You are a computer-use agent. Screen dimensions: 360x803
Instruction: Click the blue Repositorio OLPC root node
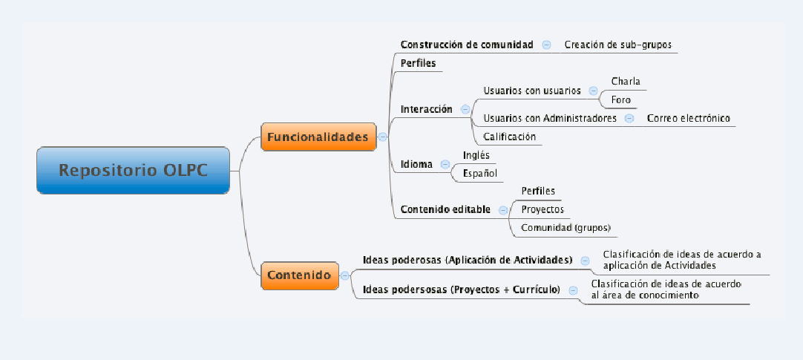tap(134, 170)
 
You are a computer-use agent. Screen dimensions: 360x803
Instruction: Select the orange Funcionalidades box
tap(318, 137)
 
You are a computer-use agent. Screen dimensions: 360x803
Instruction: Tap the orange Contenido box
tap(299, 275)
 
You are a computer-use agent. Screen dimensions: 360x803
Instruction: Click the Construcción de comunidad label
tap(467, 45)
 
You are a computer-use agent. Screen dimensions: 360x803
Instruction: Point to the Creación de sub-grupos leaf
tap(617, 45)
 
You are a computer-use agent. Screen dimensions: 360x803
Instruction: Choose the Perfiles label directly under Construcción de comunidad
tap(418, 63)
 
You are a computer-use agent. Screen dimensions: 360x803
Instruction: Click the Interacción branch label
tap(426, 109)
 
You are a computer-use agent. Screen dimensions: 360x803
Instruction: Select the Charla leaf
tap(626, 81)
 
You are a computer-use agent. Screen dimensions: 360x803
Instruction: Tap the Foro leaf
tap(620, 99)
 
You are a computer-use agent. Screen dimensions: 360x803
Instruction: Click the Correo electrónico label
tap(688, 118)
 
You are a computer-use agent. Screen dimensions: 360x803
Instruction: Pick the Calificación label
tap(509, 137)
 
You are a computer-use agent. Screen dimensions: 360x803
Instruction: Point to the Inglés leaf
tap(476, 154)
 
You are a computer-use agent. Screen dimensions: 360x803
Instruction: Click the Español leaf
tap(479, 173)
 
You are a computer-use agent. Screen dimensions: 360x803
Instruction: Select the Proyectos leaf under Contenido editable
tap(543, 209)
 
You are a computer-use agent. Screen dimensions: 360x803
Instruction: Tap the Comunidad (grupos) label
tap(566, 227)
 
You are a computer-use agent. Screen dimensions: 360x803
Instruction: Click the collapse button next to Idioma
tap(445, 164)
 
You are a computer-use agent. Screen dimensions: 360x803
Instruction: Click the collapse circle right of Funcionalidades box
tap(382, 137)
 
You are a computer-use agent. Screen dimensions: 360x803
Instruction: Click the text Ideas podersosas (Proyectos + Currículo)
tap(461, 290)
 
